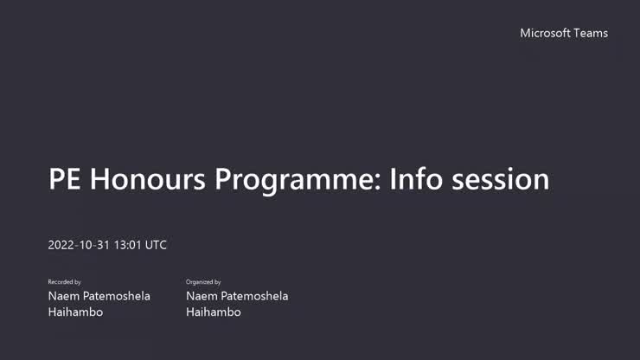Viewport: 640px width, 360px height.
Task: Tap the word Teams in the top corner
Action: click(591, 33)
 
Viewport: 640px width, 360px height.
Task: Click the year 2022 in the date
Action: click(61, 245)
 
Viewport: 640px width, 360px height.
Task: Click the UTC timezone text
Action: click(156, 245)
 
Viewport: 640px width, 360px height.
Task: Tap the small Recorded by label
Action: click(65, 282)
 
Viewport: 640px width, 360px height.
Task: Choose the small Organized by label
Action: click(204, 282)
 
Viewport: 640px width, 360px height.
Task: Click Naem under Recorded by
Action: click(64, 296)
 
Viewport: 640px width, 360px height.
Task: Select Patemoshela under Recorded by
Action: click(117, 296)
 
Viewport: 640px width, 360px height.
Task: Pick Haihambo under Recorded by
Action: click(75, 312)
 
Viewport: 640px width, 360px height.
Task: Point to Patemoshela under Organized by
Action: click(255, 296)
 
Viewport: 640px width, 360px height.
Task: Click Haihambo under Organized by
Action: click(214, 312)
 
